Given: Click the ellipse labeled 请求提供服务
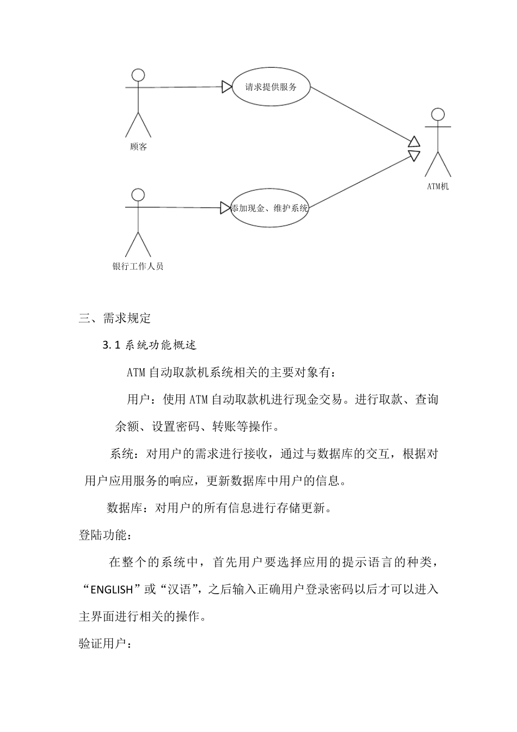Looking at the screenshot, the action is (x=271, y=87).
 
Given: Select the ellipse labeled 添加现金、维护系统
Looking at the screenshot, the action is (x=270, y=208).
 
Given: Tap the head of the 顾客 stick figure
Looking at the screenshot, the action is (x=139, y=75).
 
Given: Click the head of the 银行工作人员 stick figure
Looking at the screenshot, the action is (x=138, y=195).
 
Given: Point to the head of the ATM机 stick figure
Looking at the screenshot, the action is (x=438, y=114).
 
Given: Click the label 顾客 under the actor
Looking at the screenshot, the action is (x=139, y=147).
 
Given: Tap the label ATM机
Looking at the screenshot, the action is (x=438, y=187).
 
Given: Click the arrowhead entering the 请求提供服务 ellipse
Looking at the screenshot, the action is (x=227, y=87).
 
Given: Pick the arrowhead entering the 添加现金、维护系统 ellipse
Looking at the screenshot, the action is (x=225, y=208).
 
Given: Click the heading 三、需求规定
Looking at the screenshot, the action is (x=114, y=319).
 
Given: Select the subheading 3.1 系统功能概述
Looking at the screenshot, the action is (x=149, y=345).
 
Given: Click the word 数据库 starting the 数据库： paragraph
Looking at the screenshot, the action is (x=125, y=508).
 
